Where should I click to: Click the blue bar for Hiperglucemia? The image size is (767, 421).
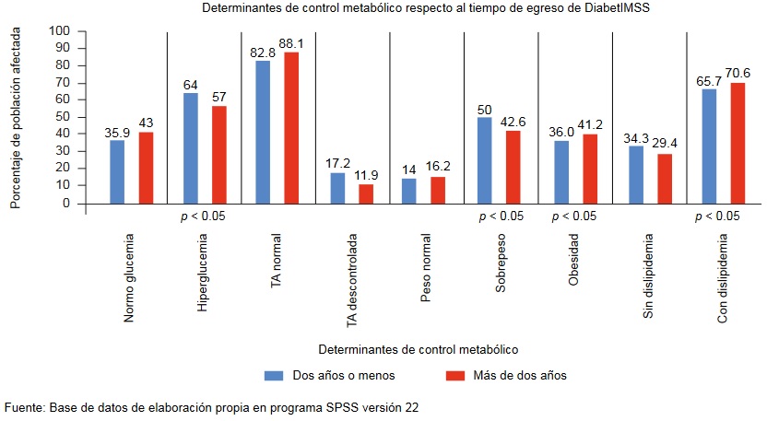pos(190,148)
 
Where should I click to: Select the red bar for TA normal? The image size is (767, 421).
pos(291,128)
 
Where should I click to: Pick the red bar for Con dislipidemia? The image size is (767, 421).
pos(737,143)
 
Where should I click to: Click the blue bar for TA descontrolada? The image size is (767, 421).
pos(336,188)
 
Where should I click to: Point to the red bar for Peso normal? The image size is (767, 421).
pos(438,190)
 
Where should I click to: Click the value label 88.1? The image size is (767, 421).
pos(291,42)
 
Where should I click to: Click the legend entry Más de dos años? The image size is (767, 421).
pos(513,375)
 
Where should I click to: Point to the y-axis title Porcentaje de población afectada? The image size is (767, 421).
pos(16,117)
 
